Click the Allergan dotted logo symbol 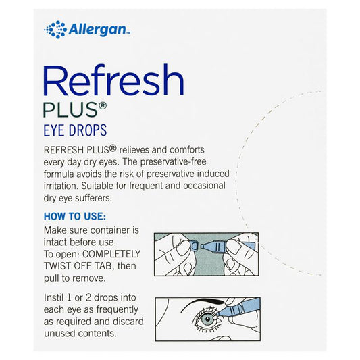coord(55,30)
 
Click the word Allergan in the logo coord(98,30)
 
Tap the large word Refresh coord(113,80)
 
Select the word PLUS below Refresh coord(71,109)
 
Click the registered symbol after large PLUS coord(103,106)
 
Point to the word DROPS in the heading coord(88,130)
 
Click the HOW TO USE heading coord(75,216)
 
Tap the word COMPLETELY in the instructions coord(111,254)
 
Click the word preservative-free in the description coord(173,162)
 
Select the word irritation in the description coord(61,186)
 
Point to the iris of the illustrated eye coord(207,319)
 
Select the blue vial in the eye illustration coord(239,309)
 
